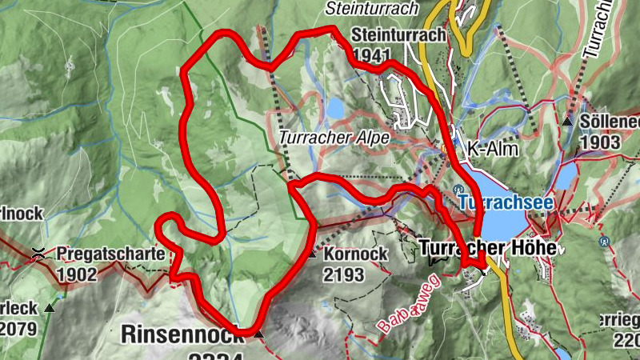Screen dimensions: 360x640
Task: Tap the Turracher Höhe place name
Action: [x=487, y=249]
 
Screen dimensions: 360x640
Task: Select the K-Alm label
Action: [x=493, y=149]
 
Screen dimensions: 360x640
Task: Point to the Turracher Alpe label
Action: [x=334, y=138]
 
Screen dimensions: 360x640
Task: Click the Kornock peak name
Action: [x=357, y=254]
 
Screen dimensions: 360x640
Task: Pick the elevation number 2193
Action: [x=345, y=275]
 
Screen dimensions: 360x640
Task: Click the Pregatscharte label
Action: [x=111, y=255]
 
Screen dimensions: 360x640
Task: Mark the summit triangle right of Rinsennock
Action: [x=260, y=334]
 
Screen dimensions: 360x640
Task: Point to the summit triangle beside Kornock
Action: [x=311, y=255]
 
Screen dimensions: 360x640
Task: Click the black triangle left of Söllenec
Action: [x=567, y=122]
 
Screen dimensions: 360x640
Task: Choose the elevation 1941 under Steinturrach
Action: [x=371, y=56]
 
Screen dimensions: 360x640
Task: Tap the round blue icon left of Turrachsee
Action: [x=458, y=189]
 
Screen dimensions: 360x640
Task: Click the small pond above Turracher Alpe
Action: [x=335, y=107]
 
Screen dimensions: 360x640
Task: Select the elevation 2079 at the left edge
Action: [x=17, y=328]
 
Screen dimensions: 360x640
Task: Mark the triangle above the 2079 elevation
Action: [x=50, y=307]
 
